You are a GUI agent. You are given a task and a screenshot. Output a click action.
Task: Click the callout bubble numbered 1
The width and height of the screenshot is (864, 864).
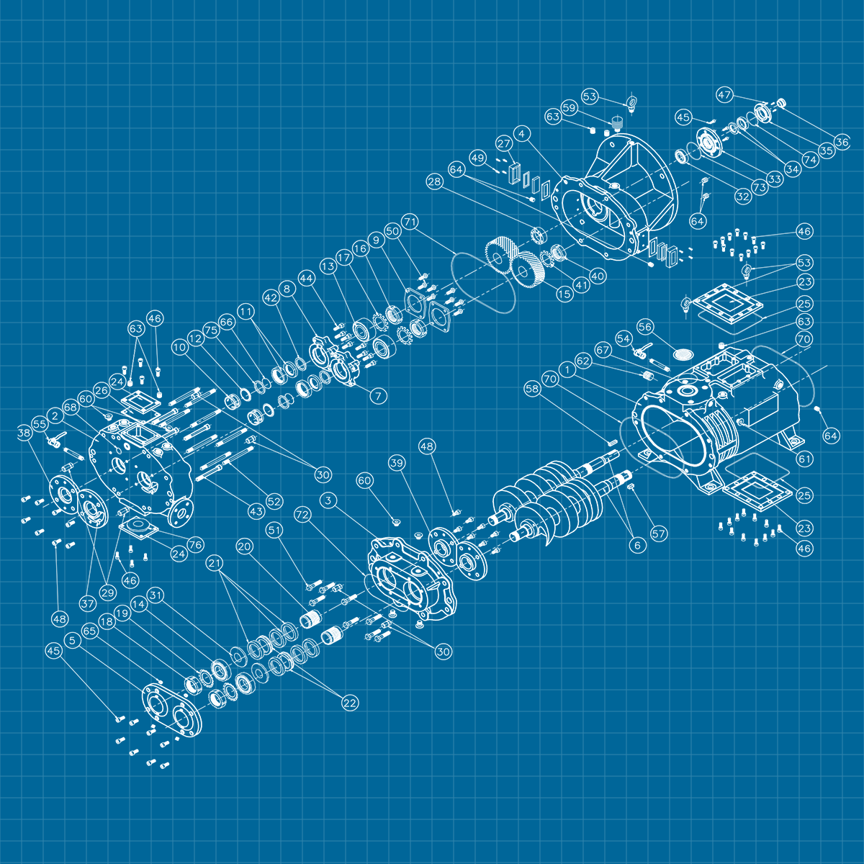click(x=567, y=370)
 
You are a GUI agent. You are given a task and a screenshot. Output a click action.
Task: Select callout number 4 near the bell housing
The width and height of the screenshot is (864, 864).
click(x=521, y=134)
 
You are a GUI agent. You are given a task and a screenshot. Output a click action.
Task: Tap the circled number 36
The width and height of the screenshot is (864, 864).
click(x=842, y=142)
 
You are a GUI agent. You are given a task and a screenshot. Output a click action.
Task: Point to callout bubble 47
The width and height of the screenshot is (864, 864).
click(x=724, y=95)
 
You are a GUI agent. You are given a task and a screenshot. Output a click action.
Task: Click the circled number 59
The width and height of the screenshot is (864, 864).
click(x=569, y=107)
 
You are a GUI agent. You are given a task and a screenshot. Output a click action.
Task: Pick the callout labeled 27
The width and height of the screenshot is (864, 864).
click(x=504, y=143)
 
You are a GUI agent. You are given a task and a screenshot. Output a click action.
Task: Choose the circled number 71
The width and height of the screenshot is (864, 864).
click(x=410, y=222)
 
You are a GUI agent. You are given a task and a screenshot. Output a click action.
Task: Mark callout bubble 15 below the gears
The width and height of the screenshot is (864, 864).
click(x=564, y=294)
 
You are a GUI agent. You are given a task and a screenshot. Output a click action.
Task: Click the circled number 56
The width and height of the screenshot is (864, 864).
click(x=645, y=327)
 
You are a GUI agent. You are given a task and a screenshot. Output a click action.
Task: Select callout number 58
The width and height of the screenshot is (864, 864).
click(x=532, y=389)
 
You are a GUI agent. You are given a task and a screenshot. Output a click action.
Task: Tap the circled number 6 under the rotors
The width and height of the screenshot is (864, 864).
click(x=638, y=545)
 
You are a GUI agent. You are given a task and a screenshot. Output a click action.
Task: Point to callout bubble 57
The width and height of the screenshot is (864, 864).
click(x=659, y=534)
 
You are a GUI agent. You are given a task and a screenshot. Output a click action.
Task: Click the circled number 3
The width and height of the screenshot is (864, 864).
click(x=328, y=500)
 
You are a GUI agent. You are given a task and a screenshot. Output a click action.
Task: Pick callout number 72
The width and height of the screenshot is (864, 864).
click(x=302, y=516)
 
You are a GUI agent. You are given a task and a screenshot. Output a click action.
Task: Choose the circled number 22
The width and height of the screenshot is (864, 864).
click(x=350, y=703)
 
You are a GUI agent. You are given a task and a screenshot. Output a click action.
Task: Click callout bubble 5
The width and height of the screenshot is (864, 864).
click(x=72, y=640)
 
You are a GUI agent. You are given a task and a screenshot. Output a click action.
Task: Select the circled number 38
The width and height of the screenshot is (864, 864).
click(x=24, y=433)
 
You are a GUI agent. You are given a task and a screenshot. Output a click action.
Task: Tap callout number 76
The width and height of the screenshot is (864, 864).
click(x=196, y=545)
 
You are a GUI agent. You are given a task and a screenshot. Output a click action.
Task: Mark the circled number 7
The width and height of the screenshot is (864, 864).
click(x=379, y=396)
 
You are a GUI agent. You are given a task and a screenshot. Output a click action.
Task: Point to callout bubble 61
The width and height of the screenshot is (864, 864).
click(x=805, y=459)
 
